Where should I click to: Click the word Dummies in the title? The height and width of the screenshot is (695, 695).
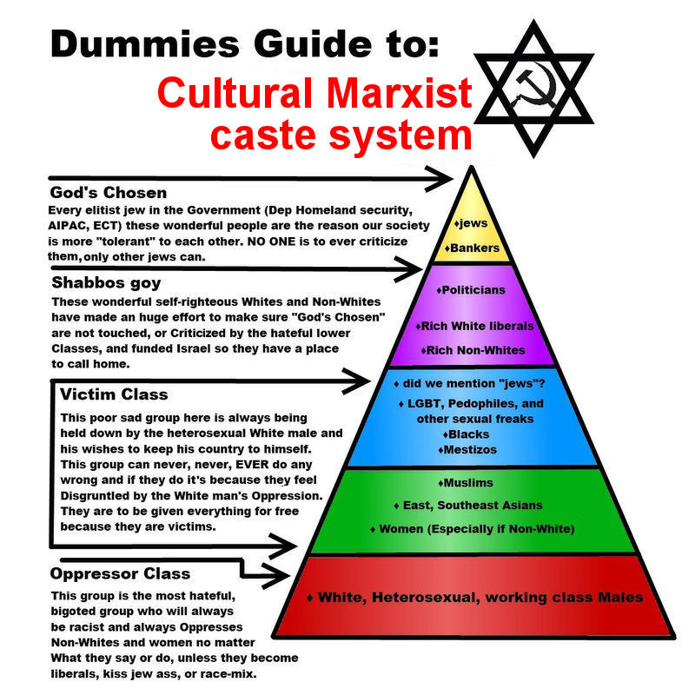[145, 44]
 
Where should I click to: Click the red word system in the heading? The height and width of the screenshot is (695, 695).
[400, 136]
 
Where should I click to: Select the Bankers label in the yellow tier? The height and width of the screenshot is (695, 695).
[472, 248]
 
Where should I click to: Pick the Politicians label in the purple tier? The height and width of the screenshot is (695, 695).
[471, 290]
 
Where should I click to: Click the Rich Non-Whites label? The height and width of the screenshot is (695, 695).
[473, 350]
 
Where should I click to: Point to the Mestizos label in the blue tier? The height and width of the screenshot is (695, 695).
[467, 449]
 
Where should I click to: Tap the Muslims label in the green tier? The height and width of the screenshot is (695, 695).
[466, 483]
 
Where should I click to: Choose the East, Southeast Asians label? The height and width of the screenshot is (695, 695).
[468, 506]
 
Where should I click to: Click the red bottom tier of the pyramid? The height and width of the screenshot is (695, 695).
[473, 597]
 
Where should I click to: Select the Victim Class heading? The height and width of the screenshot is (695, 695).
[114, 394]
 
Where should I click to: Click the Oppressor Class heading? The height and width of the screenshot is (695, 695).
[120, 573]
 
